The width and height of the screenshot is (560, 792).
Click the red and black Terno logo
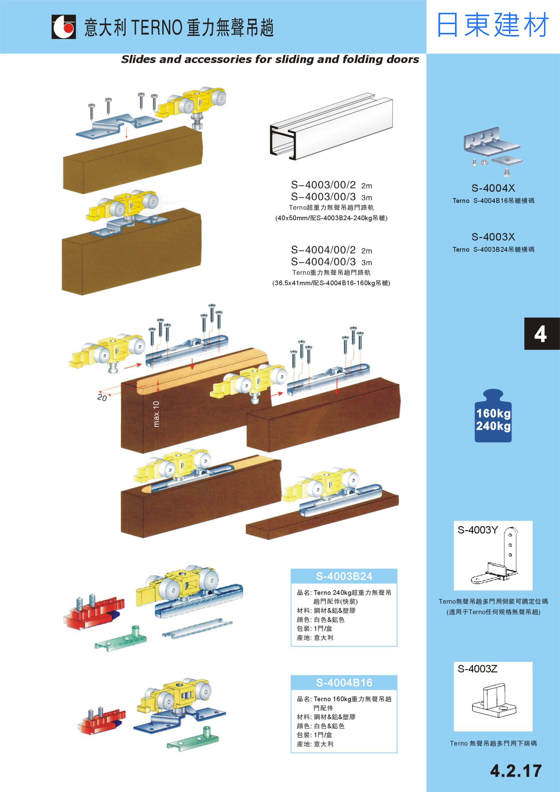[x=63, y=27]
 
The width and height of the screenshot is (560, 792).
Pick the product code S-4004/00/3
[x=323, y=262]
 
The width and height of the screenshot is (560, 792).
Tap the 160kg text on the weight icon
[x=493, y=413]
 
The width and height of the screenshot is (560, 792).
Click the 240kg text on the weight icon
[x=493, y=426]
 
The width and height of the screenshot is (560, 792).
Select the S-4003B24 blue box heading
[x=344, y=576]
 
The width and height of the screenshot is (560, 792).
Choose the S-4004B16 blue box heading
[x=344, y=683]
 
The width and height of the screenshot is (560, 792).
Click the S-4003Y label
[x=478, y=530]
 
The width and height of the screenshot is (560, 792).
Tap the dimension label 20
[x=102, y=398]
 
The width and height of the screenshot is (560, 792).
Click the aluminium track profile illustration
[x=331, y=128]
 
